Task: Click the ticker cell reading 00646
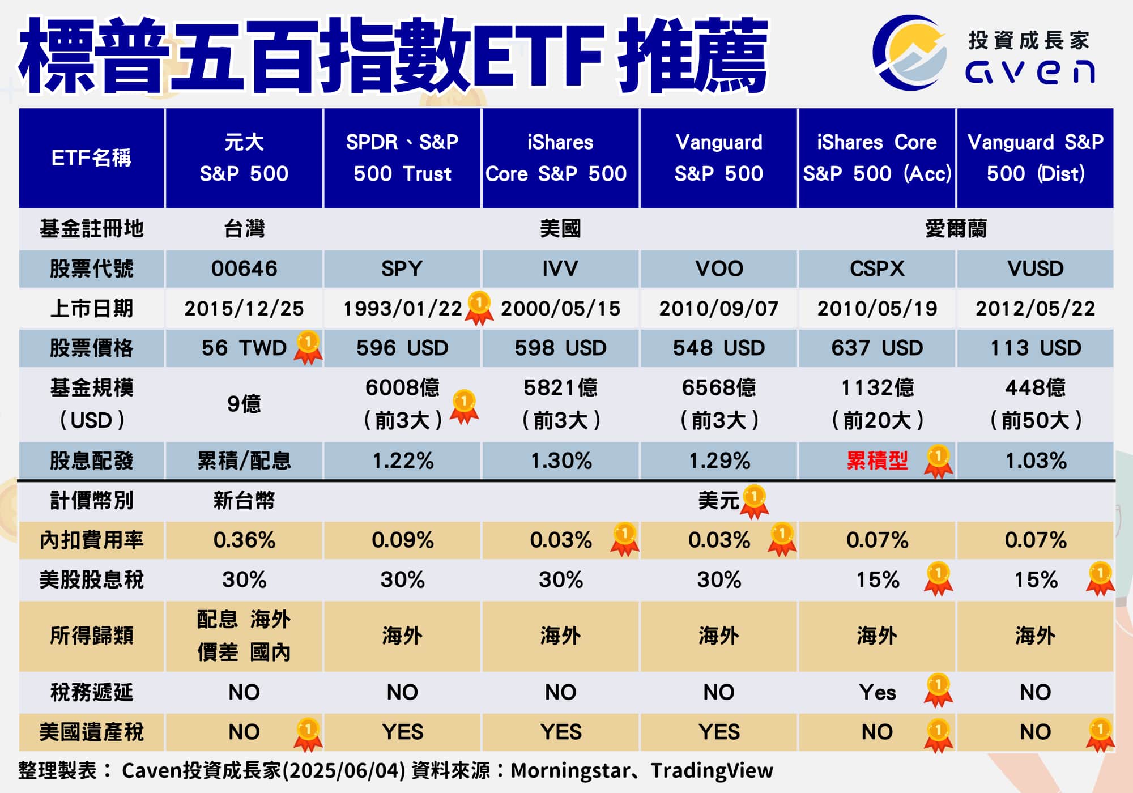[244, 268]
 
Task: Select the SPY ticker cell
[402, 268]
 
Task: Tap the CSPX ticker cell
[877, 268]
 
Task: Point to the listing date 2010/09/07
[718, 308]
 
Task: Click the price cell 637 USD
[877, 348]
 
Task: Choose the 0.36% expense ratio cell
[244, 540]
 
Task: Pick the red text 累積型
[877, 461]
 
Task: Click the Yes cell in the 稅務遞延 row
[877, 692]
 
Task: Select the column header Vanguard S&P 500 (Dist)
[1035, 157]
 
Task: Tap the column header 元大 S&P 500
[244, 157]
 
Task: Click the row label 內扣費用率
[91, 540]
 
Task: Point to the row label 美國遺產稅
[91, 732]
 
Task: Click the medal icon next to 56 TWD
[308, 347]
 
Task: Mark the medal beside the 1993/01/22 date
[479, 308]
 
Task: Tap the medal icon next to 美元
[755, 501]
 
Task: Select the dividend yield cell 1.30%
[560, 461]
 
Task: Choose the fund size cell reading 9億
[244, 404]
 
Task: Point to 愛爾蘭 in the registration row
[956, 229]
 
